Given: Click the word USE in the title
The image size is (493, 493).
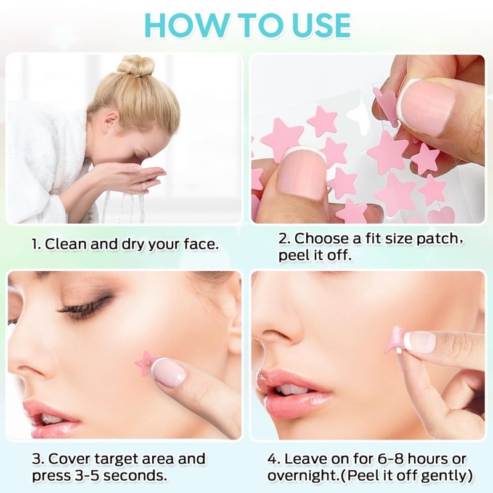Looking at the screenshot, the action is [x=318, y=25].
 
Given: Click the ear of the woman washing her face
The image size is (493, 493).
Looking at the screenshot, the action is [x=111, y=123].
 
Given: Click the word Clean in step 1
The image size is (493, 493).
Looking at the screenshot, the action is [x=65, y=244].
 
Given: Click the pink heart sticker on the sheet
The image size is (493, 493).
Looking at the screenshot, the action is [x=441, y=214].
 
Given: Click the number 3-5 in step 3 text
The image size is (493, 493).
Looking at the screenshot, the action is [x=87, y=475].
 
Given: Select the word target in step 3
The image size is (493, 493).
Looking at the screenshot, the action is [x=117, y=459].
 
